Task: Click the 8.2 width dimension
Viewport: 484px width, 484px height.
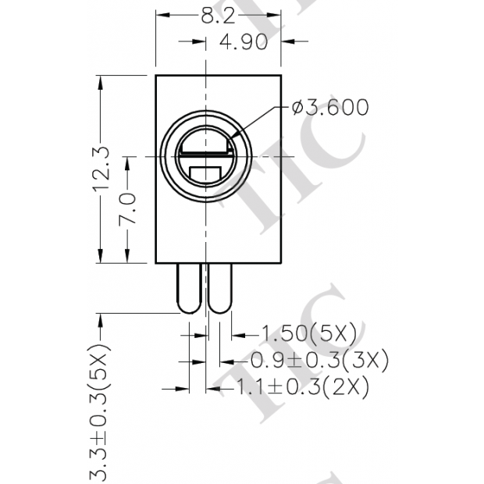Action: click(x=218, y=16)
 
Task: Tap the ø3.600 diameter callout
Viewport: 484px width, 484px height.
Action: click(x=330, y=108)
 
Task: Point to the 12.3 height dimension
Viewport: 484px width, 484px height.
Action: click(x=102, y=169)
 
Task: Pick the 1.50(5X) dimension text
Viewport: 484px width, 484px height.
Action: click(x=308, y=334)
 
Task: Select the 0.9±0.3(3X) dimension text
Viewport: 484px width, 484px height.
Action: click(x=319, y=361)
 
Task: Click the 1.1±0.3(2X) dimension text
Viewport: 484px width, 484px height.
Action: click(x=301, y=386)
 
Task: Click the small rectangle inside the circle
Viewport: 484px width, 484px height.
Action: click(x=205, y=173)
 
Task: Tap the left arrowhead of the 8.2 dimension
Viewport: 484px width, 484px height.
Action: click(x=161, y=15)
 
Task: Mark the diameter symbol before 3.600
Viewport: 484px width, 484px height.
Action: click(x=297, y=108)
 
